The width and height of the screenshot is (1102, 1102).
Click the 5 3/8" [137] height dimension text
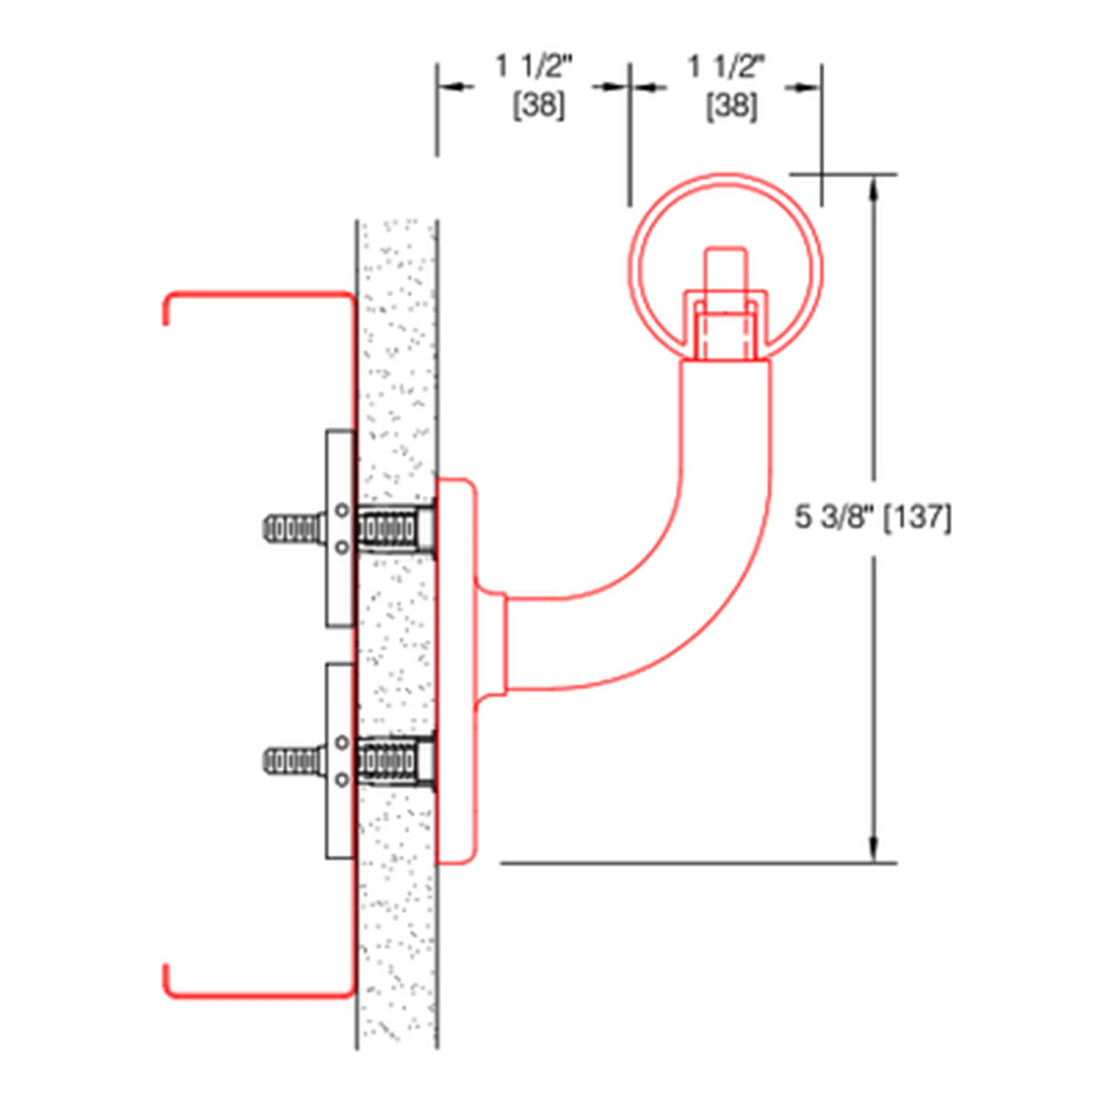point(873,518)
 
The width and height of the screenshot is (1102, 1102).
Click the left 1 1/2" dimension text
point(534,67)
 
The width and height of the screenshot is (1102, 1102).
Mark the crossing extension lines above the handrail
point(821,174)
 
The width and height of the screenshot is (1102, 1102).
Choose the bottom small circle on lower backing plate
point(341,780)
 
